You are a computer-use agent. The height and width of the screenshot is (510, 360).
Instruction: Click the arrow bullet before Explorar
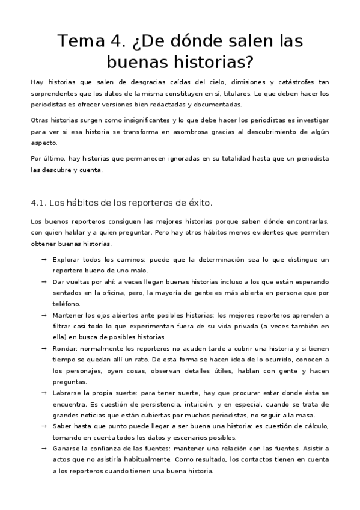44,259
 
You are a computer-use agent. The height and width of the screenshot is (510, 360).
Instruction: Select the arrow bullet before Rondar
44,348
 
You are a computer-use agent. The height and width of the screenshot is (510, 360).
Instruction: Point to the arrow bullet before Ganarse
44,448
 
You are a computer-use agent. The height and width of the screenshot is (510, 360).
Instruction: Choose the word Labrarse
69,392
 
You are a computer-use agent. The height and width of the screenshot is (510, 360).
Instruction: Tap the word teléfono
67,304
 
